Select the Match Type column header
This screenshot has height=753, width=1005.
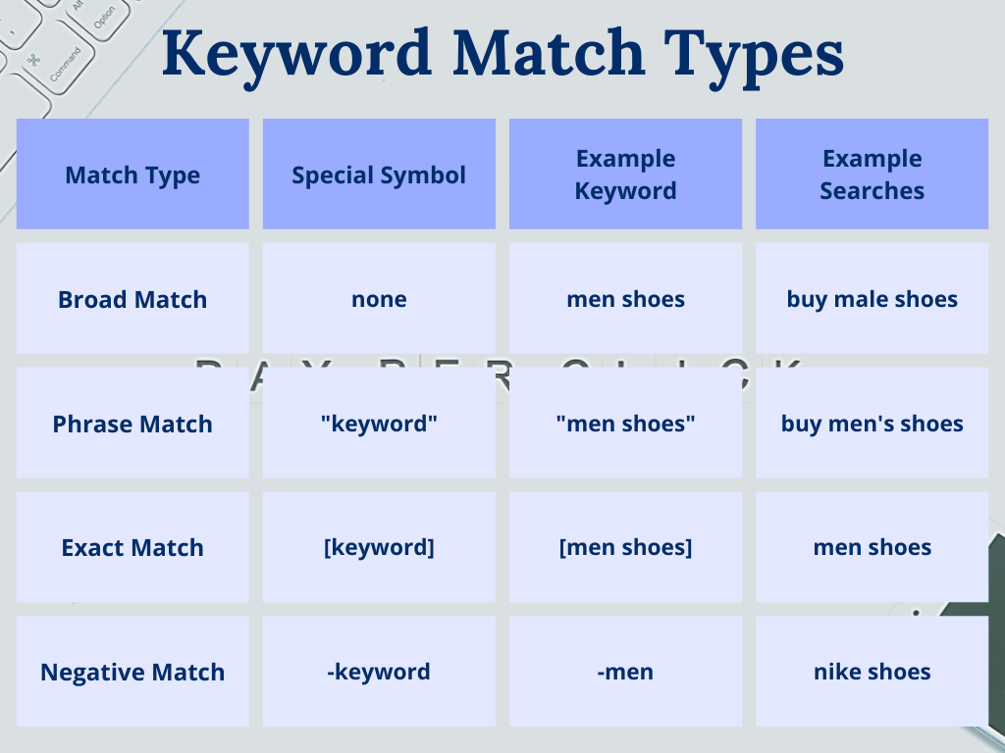132,175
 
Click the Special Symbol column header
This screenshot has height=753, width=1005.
379,175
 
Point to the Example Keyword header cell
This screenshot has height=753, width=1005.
625,175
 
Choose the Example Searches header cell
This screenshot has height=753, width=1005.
872,175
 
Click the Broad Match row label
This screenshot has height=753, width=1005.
132,299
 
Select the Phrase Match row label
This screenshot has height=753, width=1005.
132,424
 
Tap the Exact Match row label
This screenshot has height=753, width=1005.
132,547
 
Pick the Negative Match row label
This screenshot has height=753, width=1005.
132,672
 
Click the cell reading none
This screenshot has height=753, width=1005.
379,299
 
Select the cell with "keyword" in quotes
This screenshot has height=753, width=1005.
379,424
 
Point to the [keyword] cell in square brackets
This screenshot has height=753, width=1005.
379,547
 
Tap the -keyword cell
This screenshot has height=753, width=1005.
379,672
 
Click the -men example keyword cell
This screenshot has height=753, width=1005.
625,672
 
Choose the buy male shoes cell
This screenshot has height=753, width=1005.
872,299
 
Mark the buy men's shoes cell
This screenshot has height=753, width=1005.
872,424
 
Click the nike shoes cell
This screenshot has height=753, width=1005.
872,672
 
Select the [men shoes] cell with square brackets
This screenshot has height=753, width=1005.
625,547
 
